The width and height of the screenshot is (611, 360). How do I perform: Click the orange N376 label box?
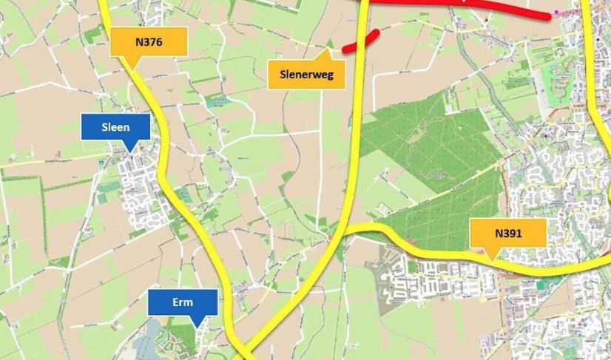148,42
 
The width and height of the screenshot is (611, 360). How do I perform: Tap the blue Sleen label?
115,127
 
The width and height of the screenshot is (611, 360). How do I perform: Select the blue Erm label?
182,302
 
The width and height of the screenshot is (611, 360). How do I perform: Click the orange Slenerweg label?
307,73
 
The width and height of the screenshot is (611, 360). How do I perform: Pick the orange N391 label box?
508,233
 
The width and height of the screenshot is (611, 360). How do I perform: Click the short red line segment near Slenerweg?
361,40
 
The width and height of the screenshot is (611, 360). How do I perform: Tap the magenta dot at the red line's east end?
556,13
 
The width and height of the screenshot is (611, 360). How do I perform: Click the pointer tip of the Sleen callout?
132,152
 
